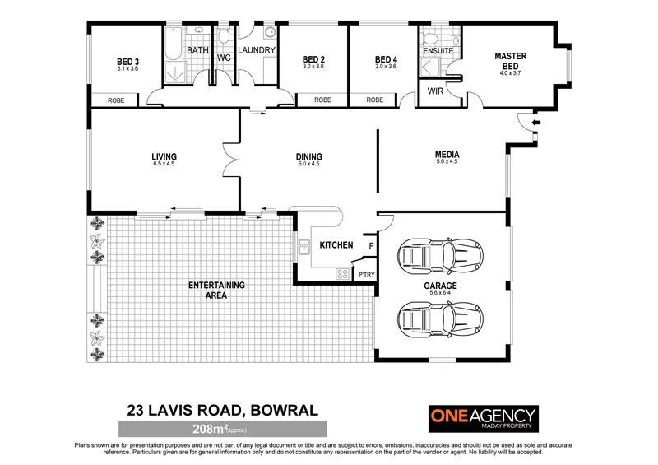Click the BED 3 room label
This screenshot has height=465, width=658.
pyautogui.click(x=127, y=60)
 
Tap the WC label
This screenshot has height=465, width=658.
pyautogui.click(x=224, y=58)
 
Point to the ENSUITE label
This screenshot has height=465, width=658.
pyautogui.click(x=438, y=50)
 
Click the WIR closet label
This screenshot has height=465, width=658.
pyautogui.click(x=436, y=92)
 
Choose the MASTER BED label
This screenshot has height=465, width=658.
pyautogui.click(x=510, y=61)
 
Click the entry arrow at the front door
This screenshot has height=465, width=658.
pyautogui.click(x=535, y=123)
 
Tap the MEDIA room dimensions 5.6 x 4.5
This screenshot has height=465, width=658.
pyautogui.click(x=447, y=162)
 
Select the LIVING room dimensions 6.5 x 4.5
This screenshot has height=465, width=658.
pyautogui.click(x=164, y=164)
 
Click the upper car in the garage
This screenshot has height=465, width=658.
pyautogui.click(x=439, y=258)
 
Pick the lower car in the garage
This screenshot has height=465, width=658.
pyautogui.click(x=439, y=319)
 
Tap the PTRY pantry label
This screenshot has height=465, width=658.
pyautogui.click(x=365, y=275)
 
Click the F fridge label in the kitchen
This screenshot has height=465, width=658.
pyautogui.click(x=371, y=245)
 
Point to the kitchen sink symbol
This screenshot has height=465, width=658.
pyautogui.click(x=304, y=244)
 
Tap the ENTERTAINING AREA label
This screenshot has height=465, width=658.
pyautogui.click(x=217, y=289)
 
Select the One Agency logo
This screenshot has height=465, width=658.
pyautogui.click(x=484, y=418)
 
